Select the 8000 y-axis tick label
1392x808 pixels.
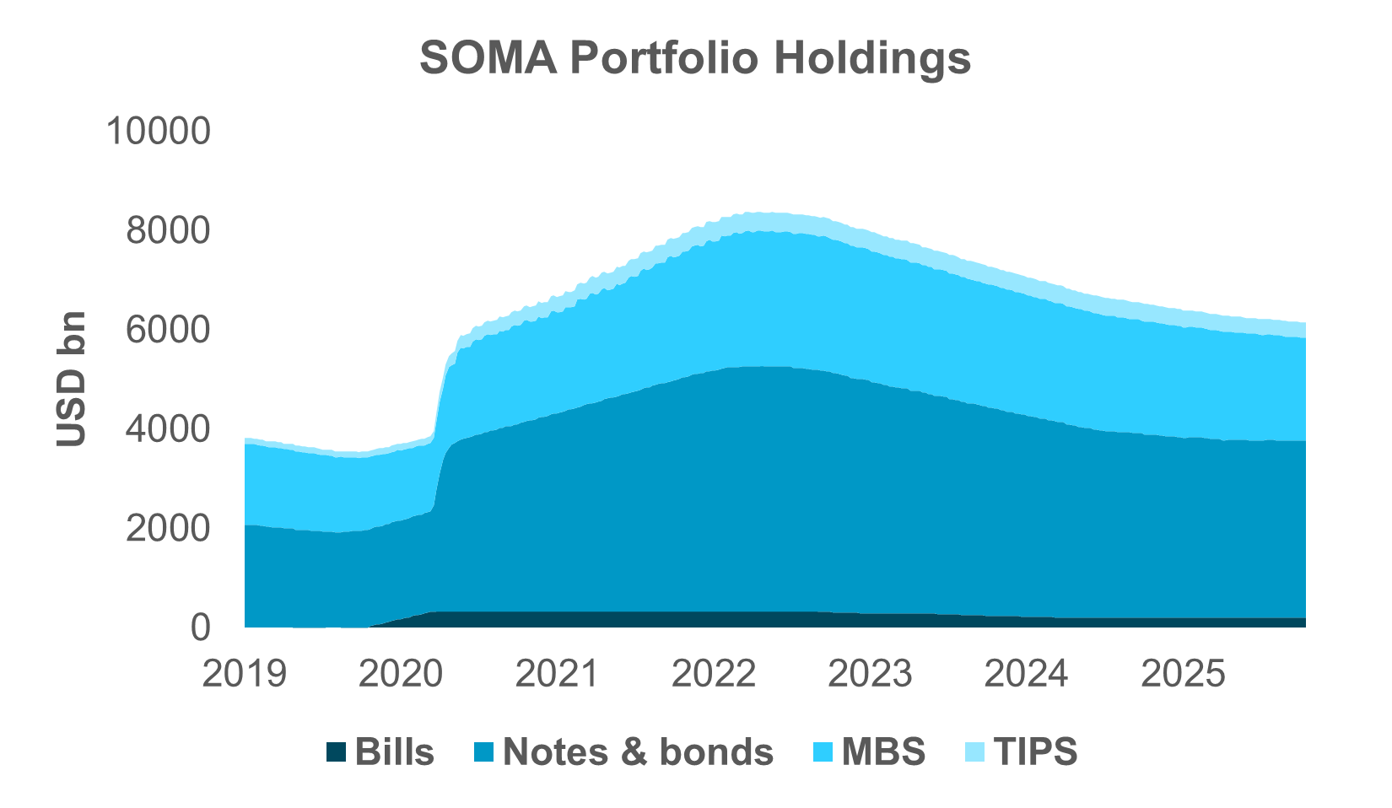[166, 230]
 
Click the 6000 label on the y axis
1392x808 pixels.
[166, 330]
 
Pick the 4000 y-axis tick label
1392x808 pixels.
[166, 429]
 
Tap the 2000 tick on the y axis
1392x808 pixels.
[166, 529]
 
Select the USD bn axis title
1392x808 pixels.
[72, 379]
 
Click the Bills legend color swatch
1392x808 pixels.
[336, 751]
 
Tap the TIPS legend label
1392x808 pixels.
[1035, 751]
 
